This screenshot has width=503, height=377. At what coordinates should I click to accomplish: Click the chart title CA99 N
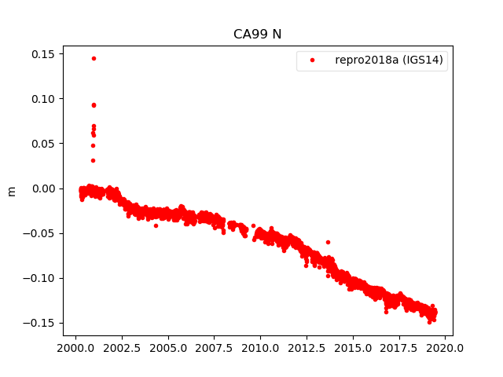(x=257, y=34)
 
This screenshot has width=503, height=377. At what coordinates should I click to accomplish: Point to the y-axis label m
(x=11, y=191)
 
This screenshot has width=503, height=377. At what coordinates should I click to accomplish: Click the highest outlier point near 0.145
(x=94, y=58)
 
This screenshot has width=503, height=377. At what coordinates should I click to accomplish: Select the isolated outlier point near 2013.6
(x=328, y=242)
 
